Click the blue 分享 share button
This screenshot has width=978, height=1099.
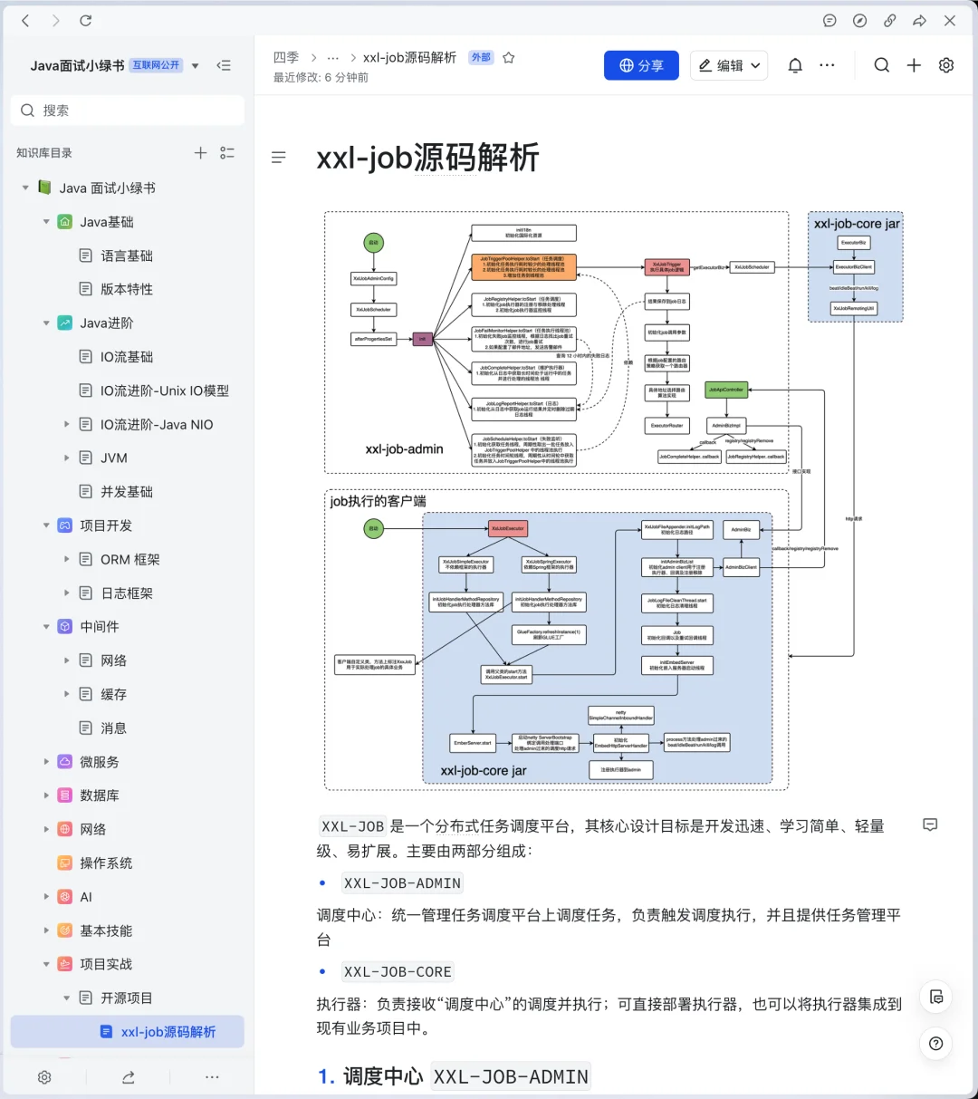641,65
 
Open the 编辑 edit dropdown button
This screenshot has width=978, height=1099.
729,65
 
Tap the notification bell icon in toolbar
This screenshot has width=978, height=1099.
795,65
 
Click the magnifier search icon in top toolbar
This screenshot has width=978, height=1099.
881,65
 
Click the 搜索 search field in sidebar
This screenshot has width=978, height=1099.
127,111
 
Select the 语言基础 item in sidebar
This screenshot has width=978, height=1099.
126,255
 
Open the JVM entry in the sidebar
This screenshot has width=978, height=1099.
114,458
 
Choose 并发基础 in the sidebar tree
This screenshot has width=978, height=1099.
126,491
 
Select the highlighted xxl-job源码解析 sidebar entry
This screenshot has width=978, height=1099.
168,1032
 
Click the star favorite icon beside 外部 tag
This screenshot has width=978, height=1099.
509,58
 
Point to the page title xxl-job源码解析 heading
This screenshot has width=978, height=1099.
427,158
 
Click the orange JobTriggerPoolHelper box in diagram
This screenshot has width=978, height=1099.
523,266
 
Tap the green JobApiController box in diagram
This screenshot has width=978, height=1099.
725,390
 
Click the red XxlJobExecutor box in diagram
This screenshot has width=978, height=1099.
507,528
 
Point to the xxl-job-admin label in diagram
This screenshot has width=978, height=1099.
404,449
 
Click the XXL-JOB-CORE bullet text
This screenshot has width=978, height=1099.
398,972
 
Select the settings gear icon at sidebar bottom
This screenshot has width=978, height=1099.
44,1077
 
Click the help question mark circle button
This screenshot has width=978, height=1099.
935,1044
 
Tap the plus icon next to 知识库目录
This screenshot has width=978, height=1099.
200,153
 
